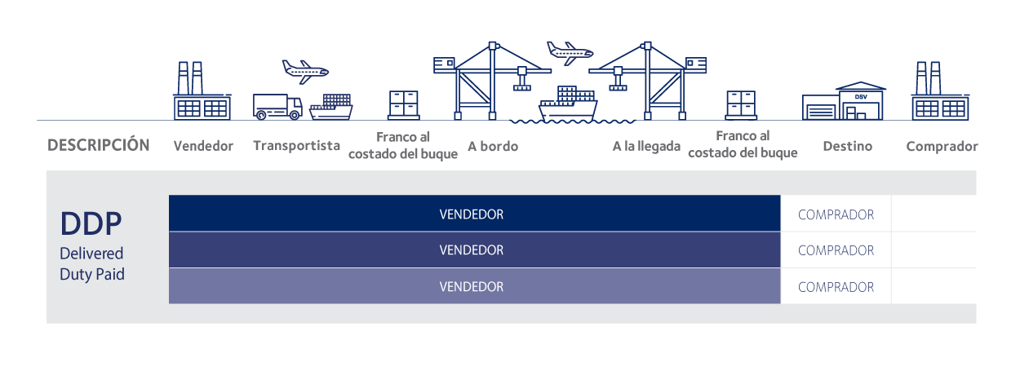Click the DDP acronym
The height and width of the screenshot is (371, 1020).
pyautogui.click(x=91, y=223)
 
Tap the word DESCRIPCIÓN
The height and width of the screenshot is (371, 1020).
pyautogui.click(x=99, y=145)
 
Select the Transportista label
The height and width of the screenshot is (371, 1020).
pyautogui.click(x=296, y=146)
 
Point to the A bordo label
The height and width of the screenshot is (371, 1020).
pyautogui.click(x=493, y=147)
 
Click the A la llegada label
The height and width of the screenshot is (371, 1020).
pyautogui.click(x=646, y=147)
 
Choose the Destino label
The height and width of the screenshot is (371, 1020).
pyautogui.click(x=847, y=147)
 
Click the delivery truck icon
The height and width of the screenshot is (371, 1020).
pyautogui.click(x=277, y=107)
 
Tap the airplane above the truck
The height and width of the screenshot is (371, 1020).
pyautogui.click(x=304, y=70)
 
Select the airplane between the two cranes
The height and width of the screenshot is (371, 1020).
pyautogui.click(x=569, y=52)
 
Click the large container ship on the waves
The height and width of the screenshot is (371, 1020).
pyautogui.click(x=567, y=104)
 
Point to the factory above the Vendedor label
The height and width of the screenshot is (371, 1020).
pyautogui.click(x=201, y=92)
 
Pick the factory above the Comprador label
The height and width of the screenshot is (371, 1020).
pyautogui.click(x=939, y=92)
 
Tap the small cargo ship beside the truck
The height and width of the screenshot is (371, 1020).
pyautogui.click(x=332, y=107)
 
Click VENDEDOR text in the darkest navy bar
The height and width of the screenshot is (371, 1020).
pyautogui.click(x=471, y=215)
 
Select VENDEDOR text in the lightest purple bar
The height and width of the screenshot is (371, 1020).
pyautogui.click(x=471, y=287)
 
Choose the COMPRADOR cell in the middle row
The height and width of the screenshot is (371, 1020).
pyautogui.click(x=836, y=251)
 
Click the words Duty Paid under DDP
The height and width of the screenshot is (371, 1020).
pyautogui.click(x=92, y=275)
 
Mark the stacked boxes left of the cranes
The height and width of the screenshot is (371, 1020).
pyautogui.click(x=403, y=105)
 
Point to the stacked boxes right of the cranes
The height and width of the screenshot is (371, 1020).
pyautogui.click(x=741, y=105)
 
